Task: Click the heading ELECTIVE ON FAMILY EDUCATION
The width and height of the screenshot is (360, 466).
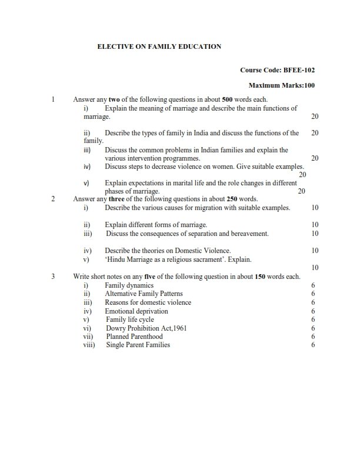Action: (x=159, y=46)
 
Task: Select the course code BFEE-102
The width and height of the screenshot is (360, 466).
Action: (x=278, y=70)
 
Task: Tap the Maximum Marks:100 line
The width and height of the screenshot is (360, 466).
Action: (x=282, y=85)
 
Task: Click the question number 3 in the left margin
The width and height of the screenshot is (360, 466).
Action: (x=54, y=277)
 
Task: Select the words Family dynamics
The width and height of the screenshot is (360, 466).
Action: (x=129, y=285)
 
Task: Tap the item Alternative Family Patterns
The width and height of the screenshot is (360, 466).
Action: (x=144, y=294)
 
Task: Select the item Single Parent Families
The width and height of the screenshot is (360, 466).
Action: (x=138, y=345)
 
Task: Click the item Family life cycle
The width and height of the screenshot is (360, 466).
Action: (x=130, y=319)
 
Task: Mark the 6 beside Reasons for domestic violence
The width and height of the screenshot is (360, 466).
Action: (x=314, y=302)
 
